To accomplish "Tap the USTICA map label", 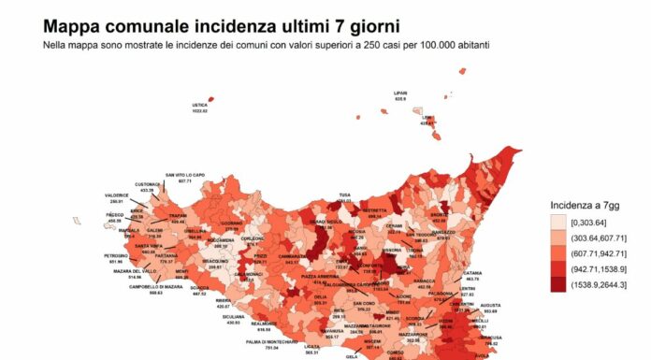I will click(x=198, y=106).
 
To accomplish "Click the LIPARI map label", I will click(x=401, y=94).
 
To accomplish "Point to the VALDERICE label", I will click(x=117, y=195).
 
